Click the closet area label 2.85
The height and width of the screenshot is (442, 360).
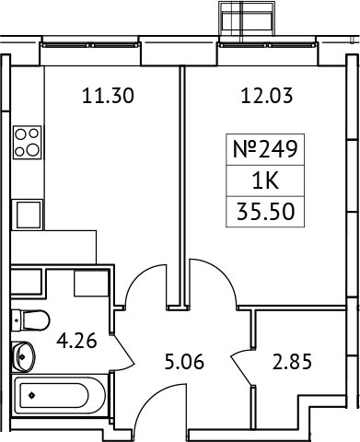pyautogui.click(x=293, y=359)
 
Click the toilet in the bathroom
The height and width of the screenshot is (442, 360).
pyautogui.click(x=30, y=320)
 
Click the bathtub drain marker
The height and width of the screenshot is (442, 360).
pyautogui.click(x=32, y=396)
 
